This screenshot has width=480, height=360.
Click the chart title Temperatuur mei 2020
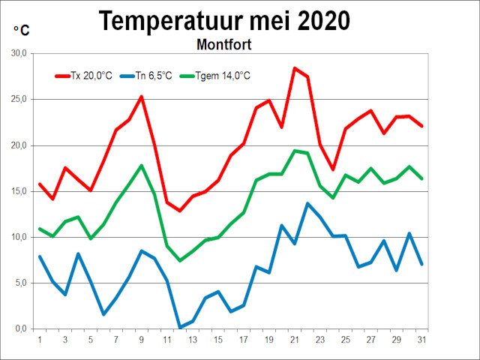coord(224,20)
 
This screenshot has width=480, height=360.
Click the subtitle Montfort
coord(223,44)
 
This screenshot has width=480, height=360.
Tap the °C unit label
coord(21,30)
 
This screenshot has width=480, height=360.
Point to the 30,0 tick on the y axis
coord(17,54)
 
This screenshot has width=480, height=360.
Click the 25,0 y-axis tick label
coord(17,100)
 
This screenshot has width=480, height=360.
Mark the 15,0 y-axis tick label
coord(17,191)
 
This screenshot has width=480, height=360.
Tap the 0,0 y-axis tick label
coord(19,328)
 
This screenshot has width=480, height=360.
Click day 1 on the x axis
coord(40,340)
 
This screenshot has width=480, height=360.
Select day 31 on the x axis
coord(422,340)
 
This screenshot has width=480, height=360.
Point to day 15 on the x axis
coord(218,340)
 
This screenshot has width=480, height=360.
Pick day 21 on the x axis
coord(295,340)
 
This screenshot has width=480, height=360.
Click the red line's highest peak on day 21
coord(295,68)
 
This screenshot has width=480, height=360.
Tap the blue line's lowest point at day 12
coord(180,327)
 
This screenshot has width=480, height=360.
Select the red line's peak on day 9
coord(142,97)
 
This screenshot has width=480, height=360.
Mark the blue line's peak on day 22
coord(307,203)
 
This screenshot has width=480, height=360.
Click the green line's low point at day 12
coord(180,260)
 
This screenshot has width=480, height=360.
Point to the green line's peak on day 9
coord(142,166)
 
